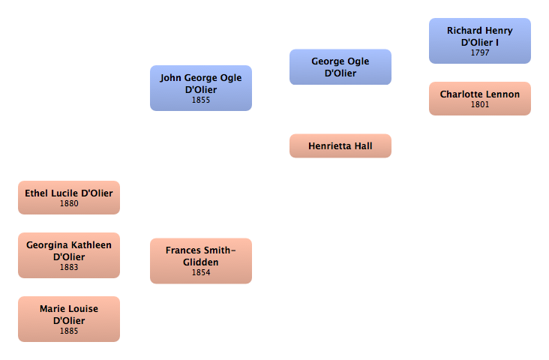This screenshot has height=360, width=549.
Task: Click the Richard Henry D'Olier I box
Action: click(x=480, y=40)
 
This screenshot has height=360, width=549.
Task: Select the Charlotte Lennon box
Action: click(x=480, y=98)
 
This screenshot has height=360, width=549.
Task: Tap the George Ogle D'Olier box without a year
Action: click(x=340, y=67)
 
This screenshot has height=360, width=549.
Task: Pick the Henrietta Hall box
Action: click(x=340, y=146)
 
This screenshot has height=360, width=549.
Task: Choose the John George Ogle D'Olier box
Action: click(x=201, y=88)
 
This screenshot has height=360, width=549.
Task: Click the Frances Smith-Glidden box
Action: click(x=201, y=261)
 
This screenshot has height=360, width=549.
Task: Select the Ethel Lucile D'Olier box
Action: click(x=69, y=197)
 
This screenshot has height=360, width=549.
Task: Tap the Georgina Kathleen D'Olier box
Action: click(x=69, y=255)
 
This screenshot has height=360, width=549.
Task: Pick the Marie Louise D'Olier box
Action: click(x=69, y=319)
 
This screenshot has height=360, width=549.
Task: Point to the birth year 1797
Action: click(x=480, y=53)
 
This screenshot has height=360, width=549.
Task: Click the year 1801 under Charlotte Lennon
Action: click(x=480, y=105)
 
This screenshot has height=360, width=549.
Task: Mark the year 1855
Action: click(x=201, y=100)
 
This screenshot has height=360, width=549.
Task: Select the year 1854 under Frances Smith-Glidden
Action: click(x=201, y=273)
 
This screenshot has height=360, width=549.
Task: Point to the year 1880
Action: click(x=69, y=203)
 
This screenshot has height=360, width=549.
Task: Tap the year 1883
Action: click(x=69, y=267)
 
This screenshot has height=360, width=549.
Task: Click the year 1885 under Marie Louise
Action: click(x=69, y=331)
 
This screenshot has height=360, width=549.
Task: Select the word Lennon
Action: click(x=503, y=94)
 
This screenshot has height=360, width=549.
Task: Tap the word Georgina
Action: click(x=46, y=245)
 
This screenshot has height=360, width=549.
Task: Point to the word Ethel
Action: click(x=37, y=193)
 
